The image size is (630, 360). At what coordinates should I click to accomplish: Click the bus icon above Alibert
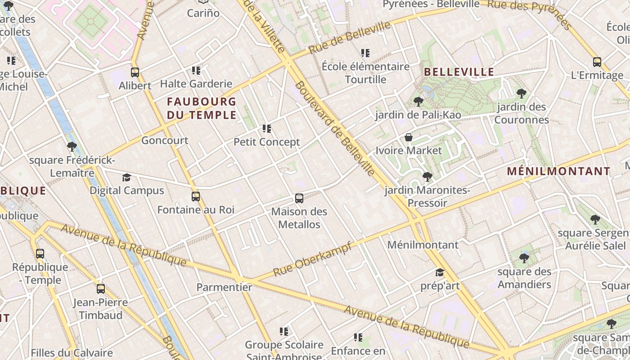pos(135,72)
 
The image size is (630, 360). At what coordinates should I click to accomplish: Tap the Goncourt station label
pos(165,140)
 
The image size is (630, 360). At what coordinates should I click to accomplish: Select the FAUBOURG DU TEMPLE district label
pos(202,108)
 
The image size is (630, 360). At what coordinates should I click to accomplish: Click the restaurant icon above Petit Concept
pos(267,129)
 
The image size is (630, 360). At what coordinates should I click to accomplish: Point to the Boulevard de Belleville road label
pos(335,129)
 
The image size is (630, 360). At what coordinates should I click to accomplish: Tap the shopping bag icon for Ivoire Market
pos(409,137)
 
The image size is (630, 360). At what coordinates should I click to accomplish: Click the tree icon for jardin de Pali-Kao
pos(418,102)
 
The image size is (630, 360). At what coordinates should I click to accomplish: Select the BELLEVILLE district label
pos(459,72)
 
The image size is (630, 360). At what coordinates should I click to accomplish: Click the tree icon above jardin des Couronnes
pos(521,94)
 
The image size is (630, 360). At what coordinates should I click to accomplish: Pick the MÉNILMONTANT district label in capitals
pos(558,171)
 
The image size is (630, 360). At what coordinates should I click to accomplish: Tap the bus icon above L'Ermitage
pos(597,62)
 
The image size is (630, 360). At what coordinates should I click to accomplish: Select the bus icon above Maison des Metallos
pos(299,198)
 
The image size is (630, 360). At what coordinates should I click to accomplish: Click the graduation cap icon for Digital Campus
pos(126,177)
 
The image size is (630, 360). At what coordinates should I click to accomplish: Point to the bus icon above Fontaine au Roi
pos(195,197)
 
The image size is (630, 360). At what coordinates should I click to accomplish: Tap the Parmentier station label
pos(224,287)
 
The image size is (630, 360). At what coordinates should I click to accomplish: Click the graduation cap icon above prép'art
pos(440,273)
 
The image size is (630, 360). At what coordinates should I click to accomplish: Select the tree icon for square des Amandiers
pos(524,258)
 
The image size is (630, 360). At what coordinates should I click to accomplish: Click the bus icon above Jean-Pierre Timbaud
pos(100,289)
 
